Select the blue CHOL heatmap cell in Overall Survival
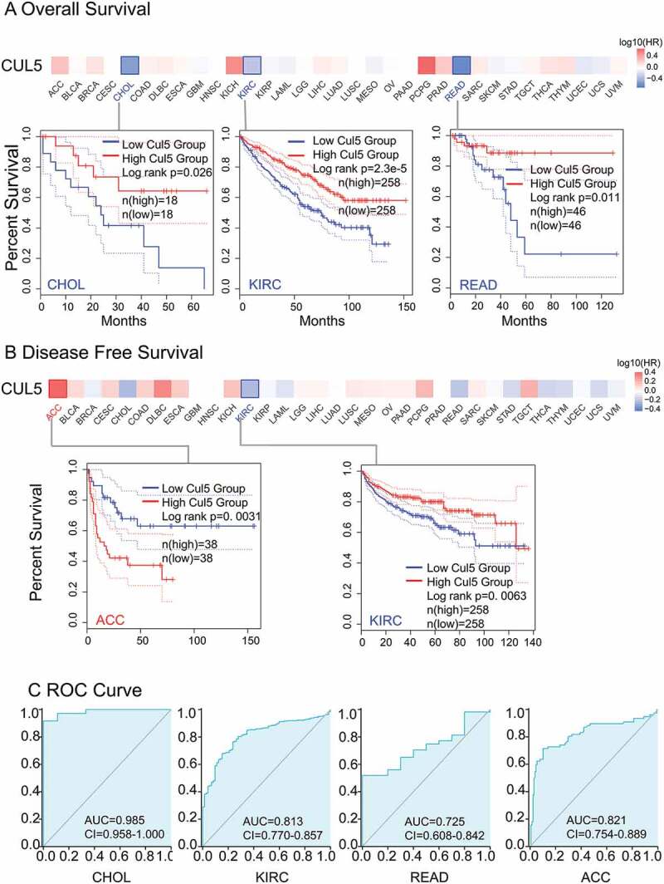click(x=129, y=66)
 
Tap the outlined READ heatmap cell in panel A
click(x=461, y=66)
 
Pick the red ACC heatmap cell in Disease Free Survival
click(x=58, y=388)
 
